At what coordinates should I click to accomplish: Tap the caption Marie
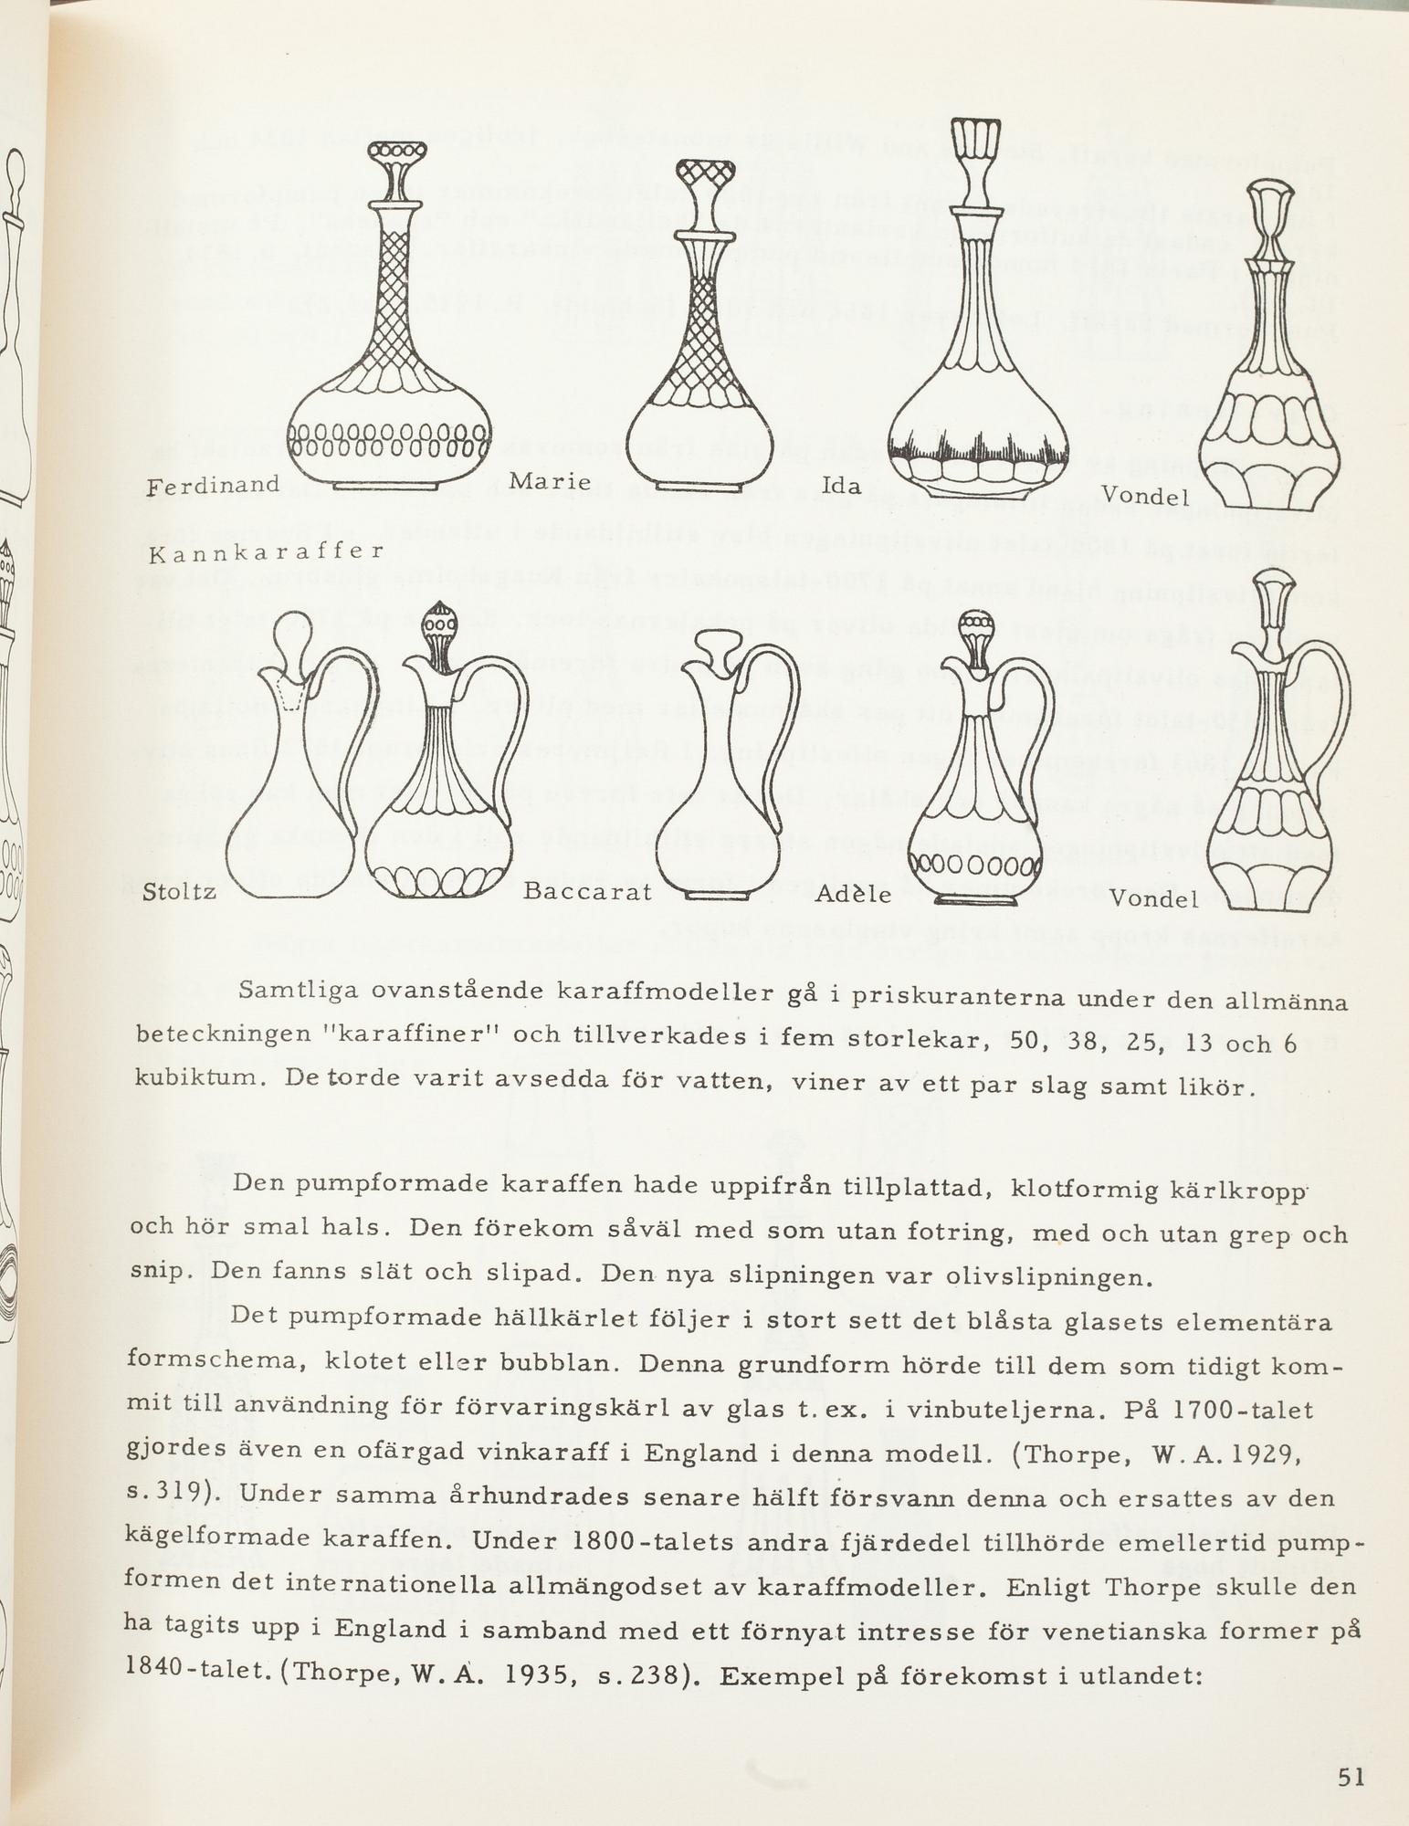[550, 481]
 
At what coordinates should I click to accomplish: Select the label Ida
[841, 487]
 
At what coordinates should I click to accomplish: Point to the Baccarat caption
[587, 891]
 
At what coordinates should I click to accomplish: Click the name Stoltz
[181, 891]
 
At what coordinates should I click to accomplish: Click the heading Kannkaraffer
[264, 552]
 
